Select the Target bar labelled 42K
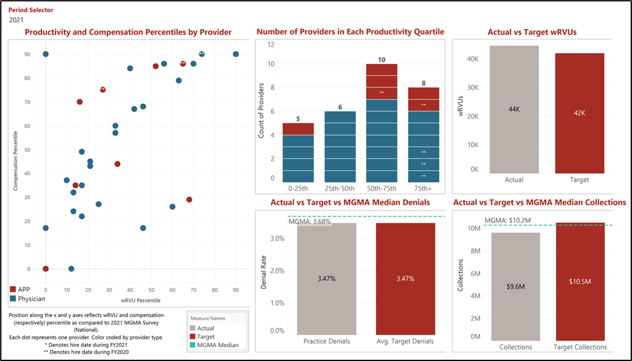(x=580, y=113)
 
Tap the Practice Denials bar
(x=326, y=279)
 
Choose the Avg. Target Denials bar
(x=405, y=279)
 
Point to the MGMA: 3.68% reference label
(x=310, y=222)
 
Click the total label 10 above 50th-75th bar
(x=381, y=59)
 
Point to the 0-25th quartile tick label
(x=299, y=186)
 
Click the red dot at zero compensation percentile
(x=46, y=269)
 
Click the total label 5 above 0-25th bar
(x=298, y=118)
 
